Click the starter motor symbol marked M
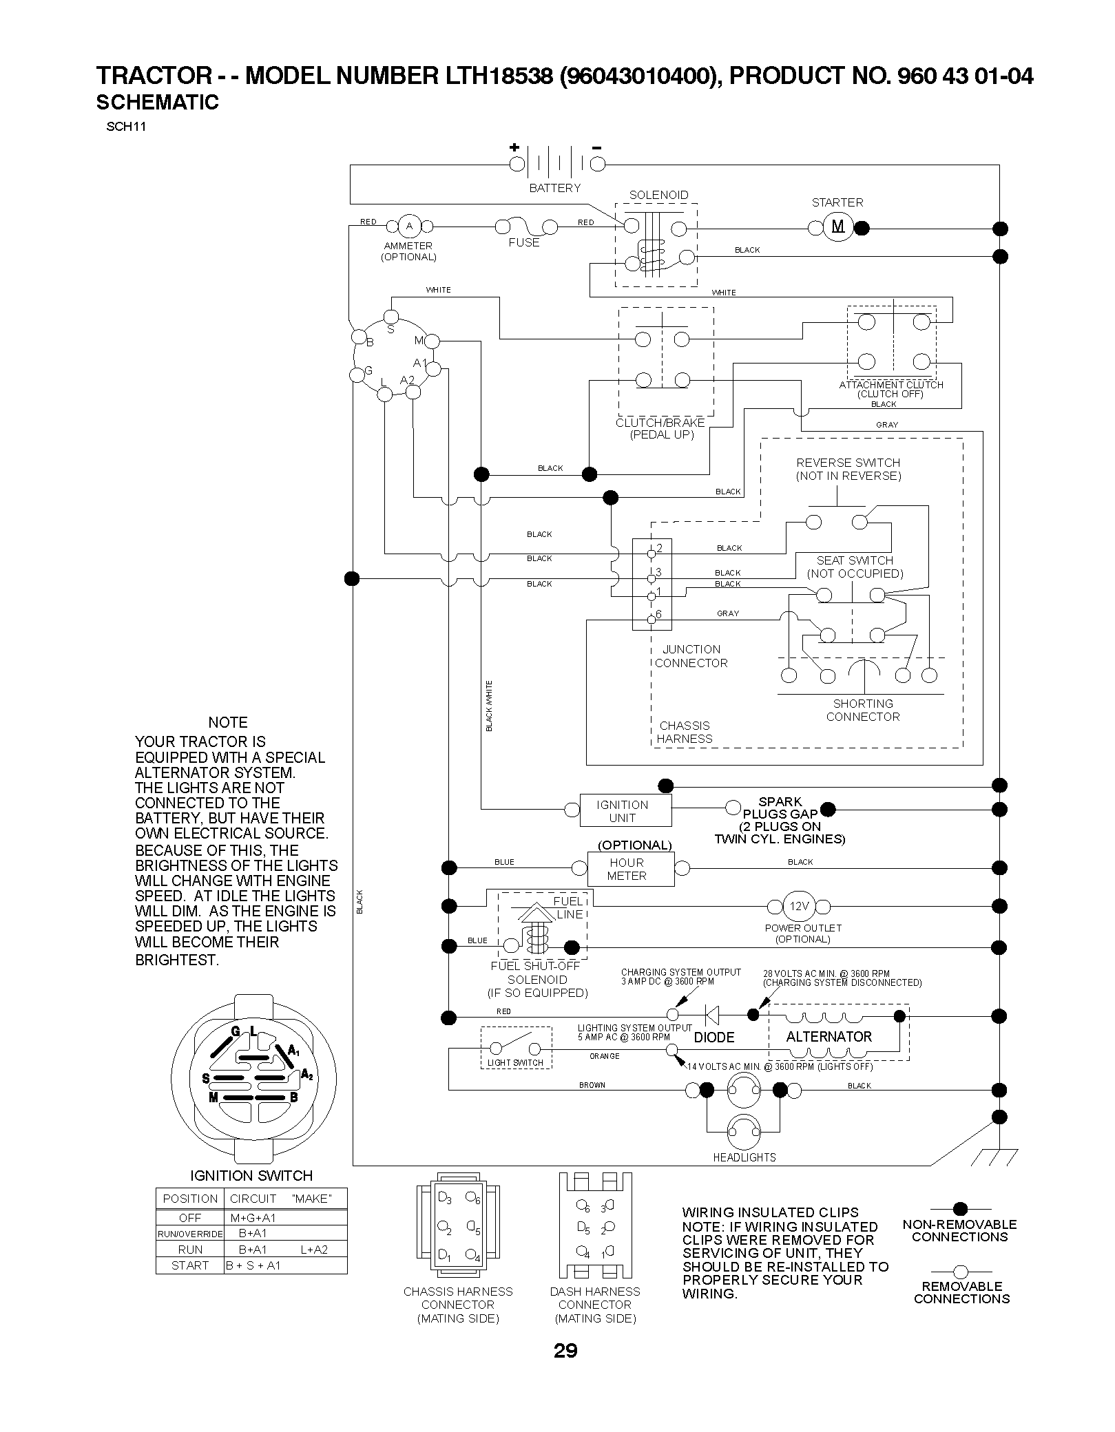838,227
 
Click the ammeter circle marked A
409,226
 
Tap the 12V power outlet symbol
799,906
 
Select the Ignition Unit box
625,810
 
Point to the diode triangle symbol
712,1015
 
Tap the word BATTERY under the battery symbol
554,188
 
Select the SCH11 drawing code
126,127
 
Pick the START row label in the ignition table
190,1265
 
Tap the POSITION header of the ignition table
190,1199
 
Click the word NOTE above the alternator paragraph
228,722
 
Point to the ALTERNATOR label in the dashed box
829,1037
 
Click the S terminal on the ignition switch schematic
391,317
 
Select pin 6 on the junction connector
652,620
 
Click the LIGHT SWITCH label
515,1063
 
